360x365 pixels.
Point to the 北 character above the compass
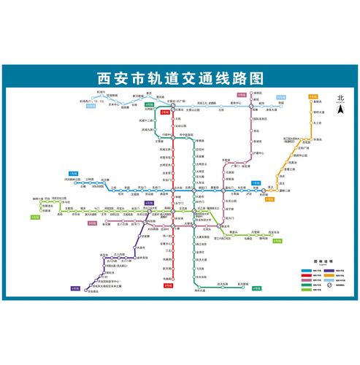(x=339, y=98)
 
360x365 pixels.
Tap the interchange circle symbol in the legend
(x=330, y=289)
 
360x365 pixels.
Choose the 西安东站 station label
(x=274, y=232)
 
